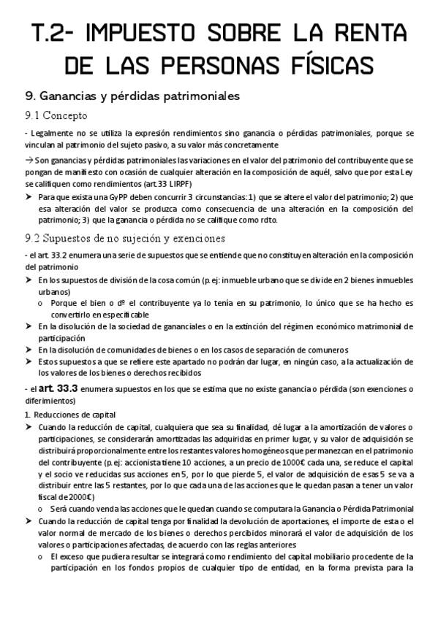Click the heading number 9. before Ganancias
click(31, 96)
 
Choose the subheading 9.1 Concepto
click(56, 115)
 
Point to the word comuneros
click(326, 350)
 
